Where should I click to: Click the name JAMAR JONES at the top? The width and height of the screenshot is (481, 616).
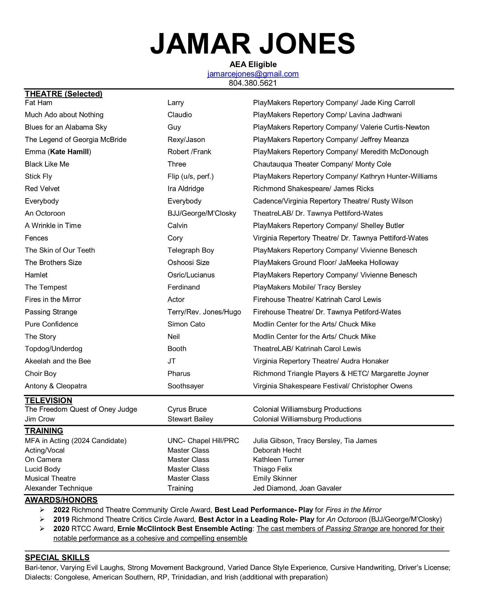252,44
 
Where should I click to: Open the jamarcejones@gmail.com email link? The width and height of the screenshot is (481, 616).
253,74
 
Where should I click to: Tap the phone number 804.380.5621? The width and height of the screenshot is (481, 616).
253,83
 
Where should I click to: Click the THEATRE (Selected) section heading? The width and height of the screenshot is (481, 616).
64,94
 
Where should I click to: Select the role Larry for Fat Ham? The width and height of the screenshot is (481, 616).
175,103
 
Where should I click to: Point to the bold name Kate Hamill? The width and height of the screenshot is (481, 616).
69,152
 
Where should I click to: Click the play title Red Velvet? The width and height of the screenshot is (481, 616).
42,189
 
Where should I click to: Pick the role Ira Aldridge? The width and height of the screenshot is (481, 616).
186,189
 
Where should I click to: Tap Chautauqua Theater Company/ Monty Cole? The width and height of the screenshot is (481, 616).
322,164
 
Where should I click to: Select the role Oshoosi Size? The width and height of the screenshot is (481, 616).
188,263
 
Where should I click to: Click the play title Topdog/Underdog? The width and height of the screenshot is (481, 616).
54,349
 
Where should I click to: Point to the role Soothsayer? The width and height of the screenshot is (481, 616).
185,386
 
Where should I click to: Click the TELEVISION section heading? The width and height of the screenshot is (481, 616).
48,400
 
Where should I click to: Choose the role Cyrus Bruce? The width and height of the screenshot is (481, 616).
187,409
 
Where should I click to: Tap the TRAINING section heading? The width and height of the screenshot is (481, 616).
44,431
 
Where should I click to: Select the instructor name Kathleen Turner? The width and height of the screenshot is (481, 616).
278,459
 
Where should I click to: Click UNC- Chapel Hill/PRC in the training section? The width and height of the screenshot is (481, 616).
203,441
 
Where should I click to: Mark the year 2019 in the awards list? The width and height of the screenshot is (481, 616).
61,519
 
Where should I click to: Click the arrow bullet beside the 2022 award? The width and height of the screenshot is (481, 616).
42,510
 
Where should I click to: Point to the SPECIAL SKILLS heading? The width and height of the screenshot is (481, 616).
57,557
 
